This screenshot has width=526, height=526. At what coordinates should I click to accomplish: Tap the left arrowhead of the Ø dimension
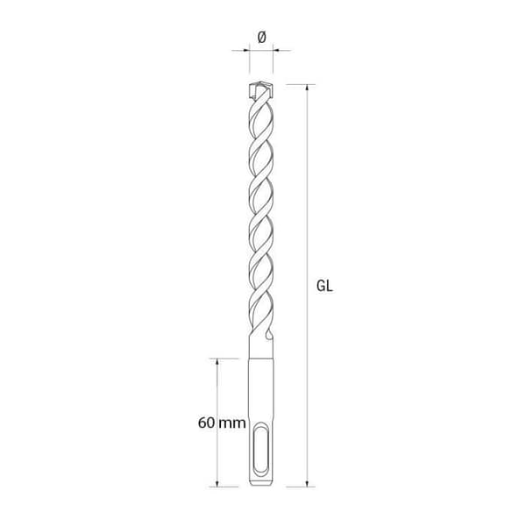click(245, 50)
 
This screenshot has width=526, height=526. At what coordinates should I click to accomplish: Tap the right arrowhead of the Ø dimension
click(275, 50)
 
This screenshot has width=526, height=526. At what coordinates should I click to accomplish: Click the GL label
click(324, 285)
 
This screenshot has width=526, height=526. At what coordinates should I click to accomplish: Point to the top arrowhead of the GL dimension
click(308, 88)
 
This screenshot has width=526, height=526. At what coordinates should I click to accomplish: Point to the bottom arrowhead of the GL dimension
click(308, 482)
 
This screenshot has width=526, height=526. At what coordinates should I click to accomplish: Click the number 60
click(206, 423)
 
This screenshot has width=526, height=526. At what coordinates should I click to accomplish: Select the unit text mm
click(231, 423)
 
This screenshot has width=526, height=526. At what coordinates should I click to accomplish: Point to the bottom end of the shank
click(260, 484)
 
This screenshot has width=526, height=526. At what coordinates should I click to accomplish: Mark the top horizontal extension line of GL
click(294, 84)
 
